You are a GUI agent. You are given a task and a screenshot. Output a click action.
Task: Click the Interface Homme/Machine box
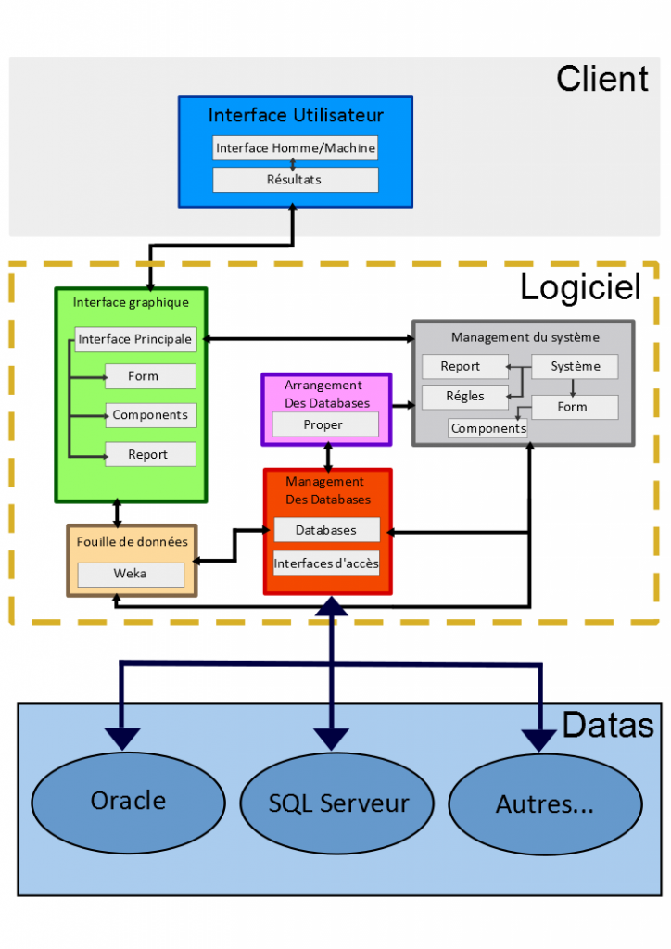pyautogui.click(x=296, y=148)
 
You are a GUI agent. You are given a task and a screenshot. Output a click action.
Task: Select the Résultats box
pyautogui.click(x=296, y=180)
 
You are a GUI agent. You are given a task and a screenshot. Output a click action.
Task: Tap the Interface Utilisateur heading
pyautogui.click(x=296, y=116)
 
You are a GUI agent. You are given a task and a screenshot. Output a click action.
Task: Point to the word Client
pyautogui.click(x=602, y=79)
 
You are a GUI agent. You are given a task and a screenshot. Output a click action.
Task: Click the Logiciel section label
pyautogui.click(x=580, y=287)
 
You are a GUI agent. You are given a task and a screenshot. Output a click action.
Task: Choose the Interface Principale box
pyautogui.click(x=135, y=339)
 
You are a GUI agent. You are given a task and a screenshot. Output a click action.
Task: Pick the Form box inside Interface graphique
pyautogui.click(x=149, y=376)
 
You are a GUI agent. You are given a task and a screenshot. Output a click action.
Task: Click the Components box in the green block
pyautogui.click(x=149, y=415)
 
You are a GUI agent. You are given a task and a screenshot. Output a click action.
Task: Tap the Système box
pyautogui.click(x=575, y=366)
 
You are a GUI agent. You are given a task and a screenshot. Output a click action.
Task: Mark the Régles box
pyautogui.click(x=464, y=397)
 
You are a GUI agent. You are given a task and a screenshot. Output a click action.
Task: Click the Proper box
pyautogui.click(x=325, y=424)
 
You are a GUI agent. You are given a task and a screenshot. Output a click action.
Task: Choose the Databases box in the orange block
pyautogui.click(x=326, y=530)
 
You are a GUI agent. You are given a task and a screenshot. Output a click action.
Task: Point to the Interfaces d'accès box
pyautogui.click(x=326, y=563)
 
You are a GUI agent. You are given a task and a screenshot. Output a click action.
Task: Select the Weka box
pyautogui.click(x=131, y=574)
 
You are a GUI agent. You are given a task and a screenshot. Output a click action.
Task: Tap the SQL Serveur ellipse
pyautogui.click(x=338, y=803)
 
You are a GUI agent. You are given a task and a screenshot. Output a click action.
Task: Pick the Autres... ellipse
pyautogui.click(x=545, y=803)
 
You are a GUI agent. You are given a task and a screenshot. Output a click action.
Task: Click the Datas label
pyautogui.click(x=608, y=725)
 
